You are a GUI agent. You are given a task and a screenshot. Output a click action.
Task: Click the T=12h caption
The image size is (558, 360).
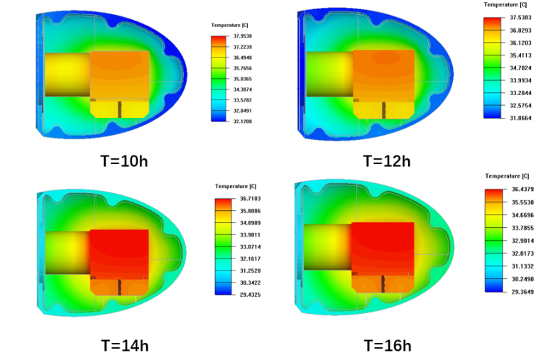pyautogui.click(x=387, y=160)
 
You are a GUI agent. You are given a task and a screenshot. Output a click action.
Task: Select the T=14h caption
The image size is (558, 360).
pyautogui.click(x=124, y=346)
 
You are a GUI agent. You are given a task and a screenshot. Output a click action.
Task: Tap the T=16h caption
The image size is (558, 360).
pyautogui.click(x=388, y=346)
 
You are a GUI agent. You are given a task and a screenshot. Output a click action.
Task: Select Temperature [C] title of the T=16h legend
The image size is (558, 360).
pyautogui.click(x=507, y=175)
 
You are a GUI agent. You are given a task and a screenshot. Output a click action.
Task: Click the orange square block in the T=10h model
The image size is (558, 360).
pyautogui.click(x=119, y=75)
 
